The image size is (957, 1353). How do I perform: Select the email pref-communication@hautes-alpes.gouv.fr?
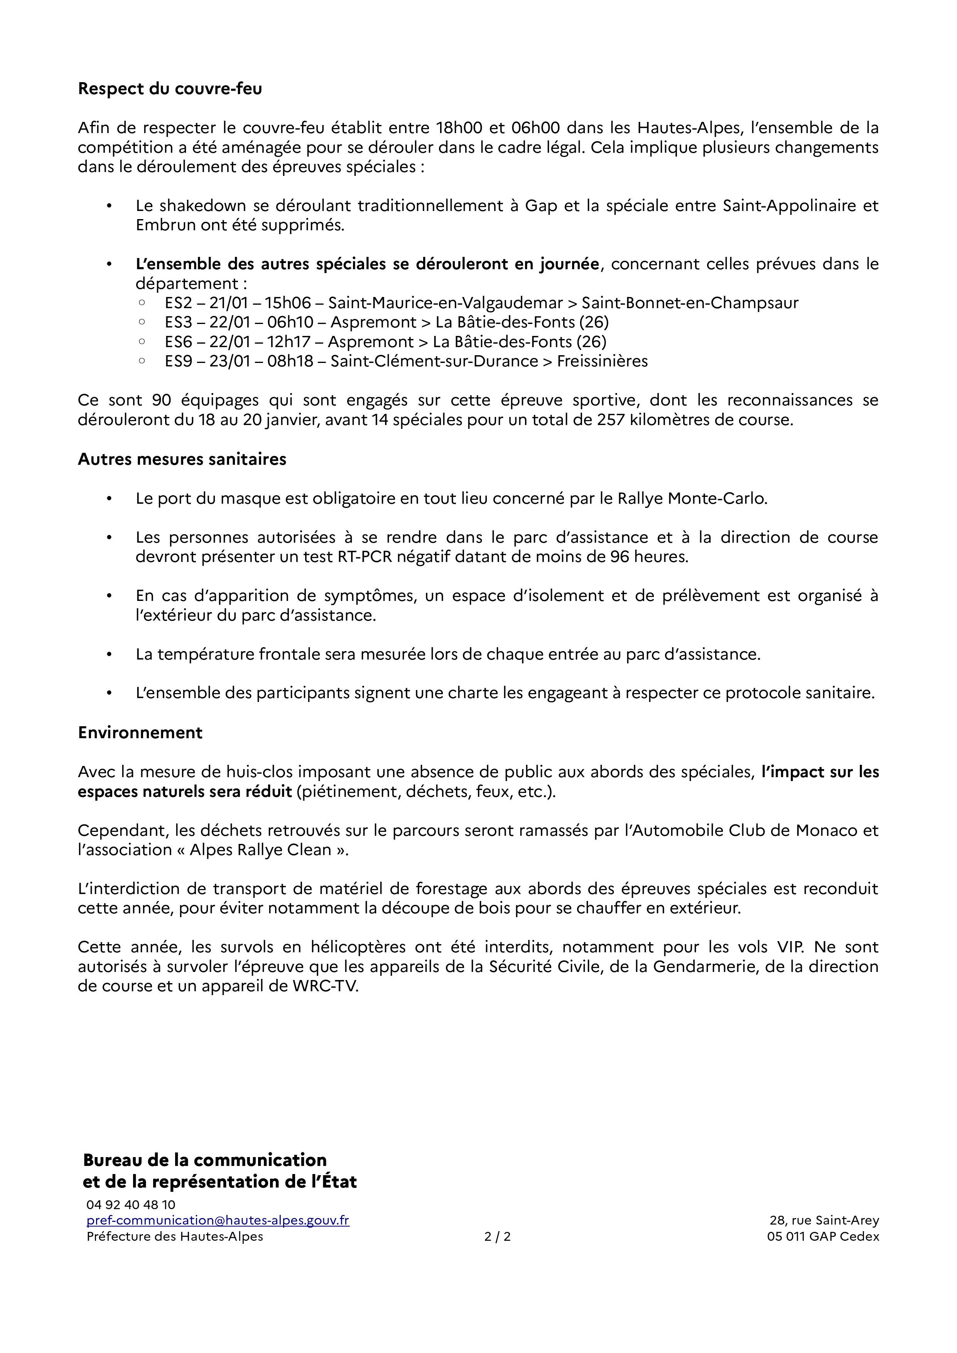(218, 1220)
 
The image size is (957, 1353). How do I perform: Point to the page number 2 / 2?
(497, 1236)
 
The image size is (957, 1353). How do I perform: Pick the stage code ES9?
(177, 361)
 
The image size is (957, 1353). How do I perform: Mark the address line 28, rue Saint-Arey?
(824, 1220)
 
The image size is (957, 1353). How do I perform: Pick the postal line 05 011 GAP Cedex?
(823, 1236)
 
